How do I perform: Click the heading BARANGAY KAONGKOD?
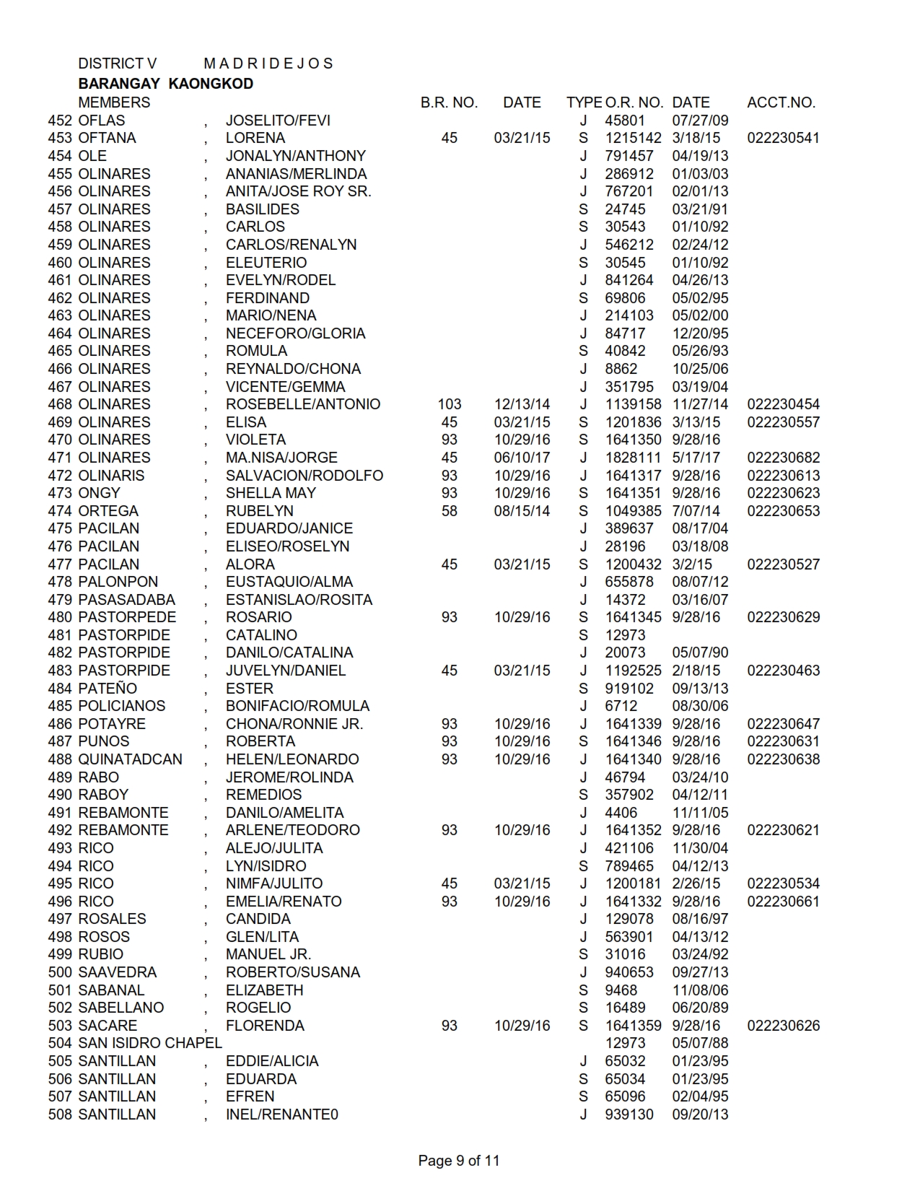165,84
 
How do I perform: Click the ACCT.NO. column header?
781,102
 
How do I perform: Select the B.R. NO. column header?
449,102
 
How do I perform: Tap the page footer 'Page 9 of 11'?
458,1161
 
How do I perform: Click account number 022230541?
783,138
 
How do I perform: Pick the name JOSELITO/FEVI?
278,121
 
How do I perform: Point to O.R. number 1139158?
633,404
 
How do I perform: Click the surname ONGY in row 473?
100,493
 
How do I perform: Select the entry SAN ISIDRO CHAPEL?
150,1043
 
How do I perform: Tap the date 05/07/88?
700,1043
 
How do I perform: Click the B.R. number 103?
449,404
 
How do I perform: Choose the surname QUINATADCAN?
130,759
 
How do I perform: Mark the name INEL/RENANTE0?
281,1114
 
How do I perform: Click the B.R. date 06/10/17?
522,458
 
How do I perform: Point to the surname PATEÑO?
108,689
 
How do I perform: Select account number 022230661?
783,902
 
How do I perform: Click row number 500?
61,972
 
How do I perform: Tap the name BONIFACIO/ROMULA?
297,706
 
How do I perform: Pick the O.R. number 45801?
625,121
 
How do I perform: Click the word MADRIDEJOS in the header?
268,64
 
